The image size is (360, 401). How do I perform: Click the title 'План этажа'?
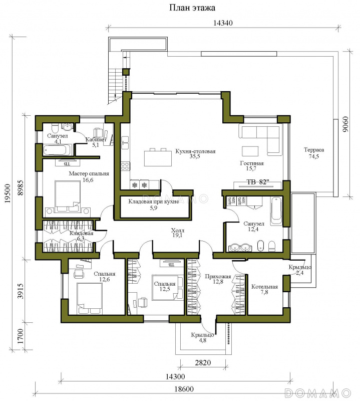[x=192, y=8]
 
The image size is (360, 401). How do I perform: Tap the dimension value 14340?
[x=223, y=23]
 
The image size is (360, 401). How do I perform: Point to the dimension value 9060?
[x=345, y=124]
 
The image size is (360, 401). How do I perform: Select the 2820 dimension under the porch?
[x=203, y=362]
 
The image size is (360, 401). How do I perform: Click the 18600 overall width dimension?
[x=184, y=389]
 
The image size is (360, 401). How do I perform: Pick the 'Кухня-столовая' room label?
[x=195, y=151]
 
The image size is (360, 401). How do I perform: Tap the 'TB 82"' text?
[x=258, y=182]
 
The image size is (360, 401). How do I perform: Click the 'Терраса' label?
[x=314, y=150]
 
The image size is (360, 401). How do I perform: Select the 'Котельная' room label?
[x=264, y=287]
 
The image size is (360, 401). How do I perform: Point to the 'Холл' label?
[x=178, y=230]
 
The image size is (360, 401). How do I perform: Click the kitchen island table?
[x=158, y=158]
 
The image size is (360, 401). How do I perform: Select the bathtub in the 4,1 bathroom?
[x=58, y=150]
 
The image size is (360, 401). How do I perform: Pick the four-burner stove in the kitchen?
[x=125, y=166]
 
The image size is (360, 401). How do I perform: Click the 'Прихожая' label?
[x=218, y=277]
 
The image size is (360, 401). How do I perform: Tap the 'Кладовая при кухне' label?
[x=154, y=202]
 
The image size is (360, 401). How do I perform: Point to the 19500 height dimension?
[x=8, y=193]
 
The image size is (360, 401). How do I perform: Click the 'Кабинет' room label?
[x=96, y=140]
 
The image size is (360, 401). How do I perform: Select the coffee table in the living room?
[x=250, y=151]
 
